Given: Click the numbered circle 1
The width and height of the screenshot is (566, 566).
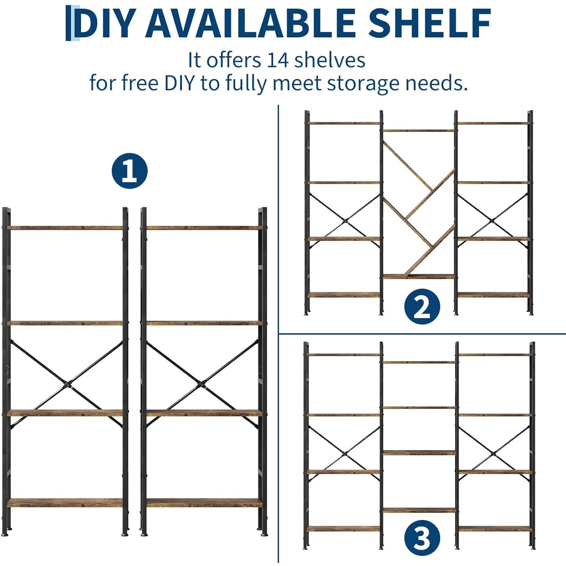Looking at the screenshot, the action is [x=129, y=171].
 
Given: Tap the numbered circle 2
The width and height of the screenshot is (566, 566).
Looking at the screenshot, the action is [x=422, y=306].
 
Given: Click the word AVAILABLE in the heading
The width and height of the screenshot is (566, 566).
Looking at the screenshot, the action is [x=251, y=23].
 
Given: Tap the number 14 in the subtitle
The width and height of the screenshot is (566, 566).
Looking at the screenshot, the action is [x=278, y=60].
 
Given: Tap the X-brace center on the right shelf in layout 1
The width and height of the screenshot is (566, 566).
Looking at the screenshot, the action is [x=202, y=385].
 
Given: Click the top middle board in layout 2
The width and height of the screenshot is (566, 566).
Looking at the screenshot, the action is [x=418, y=131].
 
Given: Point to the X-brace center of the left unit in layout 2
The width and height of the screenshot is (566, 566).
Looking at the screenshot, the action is [x=345, y=221].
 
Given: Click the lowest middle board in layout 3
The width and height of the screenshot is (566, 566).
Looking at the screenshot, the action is [x=419, y=510].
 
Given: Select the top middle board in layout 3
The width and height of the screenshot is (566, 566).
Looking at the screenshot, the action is [x=419, y=362].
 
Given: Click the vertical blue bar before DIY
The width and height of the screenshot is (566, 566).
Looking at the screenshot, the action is [x=68, y=23].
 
